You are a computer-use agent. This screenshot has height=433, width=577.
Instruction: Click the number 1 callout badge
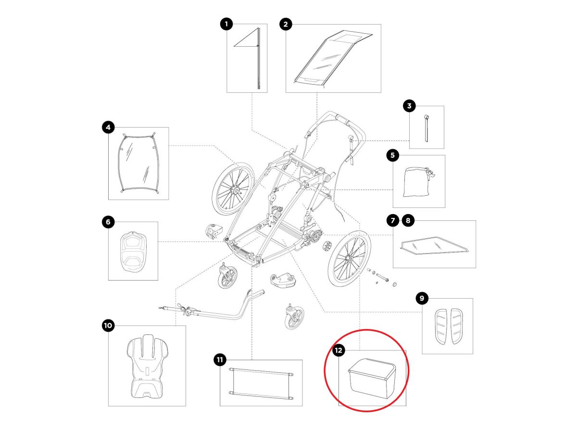[x=226, y=24]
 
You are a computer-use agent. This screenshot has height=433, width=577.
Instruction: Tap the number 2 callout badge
[x=286, y=24]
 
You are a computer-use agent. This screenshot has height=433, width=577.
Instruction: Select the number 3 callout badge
[x=409, y=106]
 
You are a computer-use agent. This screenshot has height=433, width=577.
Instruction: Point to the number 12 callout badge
[x=339, y=350]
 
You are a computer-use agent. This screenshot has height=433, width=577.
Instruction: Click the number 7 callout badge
[x=393, y=221]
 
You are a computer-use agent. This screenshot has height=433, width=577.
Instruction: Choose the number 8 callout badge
[x=408, y=221]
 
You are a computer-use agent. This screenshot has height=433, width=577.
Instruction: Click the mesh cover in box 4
[x=138, y=164]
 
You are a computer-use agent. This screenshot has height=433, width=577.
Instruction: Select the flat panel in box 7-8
[x=433, y=245]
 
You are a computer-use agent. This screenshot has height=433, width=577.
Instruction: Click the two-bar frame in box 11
[x=261, y=382]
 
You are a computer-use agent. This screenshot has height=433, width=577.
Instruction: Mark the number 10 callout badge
[x=108, y=326]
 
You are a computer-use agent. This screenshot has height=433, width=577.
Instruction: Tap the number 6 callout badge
[x=108, y=222]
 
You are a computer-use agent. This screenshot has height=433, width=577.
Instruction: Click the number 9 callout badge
[x=422, y=298]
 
